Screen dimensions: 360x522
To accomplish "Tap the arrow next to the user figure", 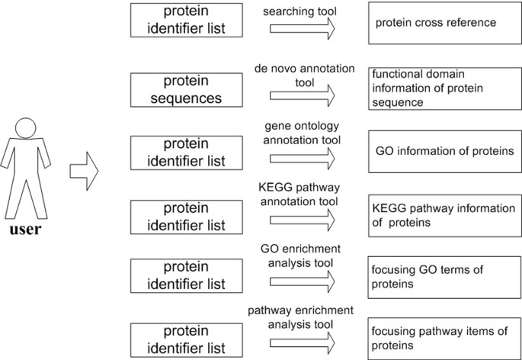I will (x=84, y=163).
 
